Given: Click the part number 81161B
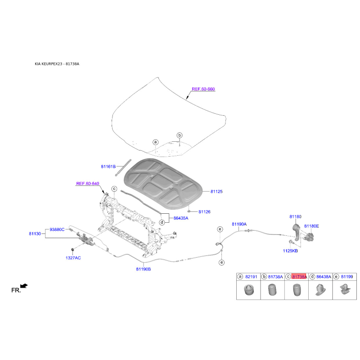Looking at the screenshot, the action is coord(108,166).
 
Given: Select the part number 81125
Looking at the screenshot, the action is coord(216,192).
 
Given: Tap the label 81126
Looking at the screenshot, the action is coord(204,211).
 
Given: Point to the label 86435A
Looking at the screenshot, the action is coord(181,218).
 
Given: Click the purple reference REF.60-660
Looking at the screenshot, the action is coord(203,89).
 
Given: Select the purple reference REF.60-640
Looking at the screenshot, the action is coord(87,184).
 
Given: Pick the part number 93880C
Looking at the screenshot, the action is coord(57,229).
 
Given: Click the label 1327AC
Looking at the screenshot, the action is coord(73,258).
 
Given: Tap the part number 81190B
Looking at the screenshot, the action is coord(143,269).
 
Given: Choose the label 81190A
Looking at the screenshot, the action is coord(239,224).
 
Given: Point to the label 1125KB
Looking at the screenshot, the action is coord(290,251).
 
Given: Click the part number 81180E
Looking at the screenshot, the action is coord(311,226).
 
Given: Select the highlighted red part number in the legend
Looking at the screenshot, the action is coord(299,277).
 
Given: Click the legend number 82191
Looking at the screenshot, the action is coord(251,277).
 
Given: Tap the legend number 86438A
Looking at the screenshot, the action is coord(324,277).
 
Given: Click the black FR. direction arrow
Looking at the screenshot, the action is coord(24,286).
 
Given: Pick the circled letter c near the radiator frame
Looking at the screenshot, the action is coord(114,189).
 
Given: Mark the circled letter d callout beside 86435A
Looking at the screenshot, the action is coord(162,222).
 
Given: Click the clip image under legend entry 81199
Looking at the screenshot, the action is coord(345,289).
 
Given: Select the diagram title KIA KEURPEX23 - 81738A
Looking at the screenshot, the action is coord(57,64).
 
